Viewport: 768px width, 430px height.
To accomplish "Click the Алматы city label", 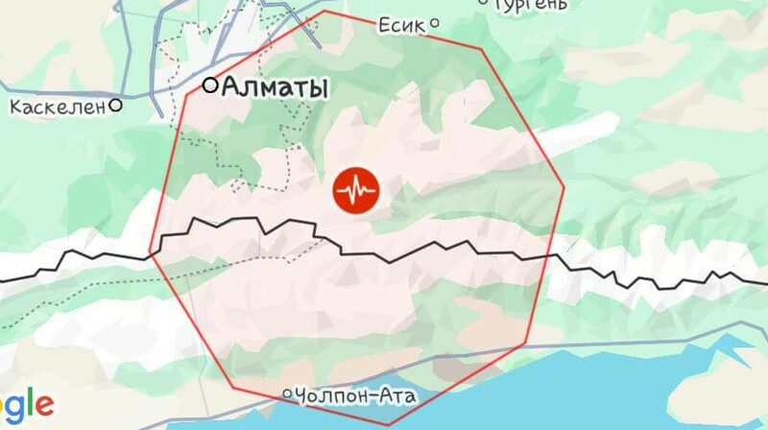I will [x=275, y=87].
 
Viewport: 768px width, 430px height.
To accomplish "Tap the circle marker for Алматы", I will [x=209, y=85].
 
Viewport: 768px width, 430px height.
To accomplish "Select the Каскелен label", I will [x=57, y=107].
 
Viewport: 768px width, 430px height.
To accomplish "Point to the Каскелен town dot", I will [x=116, y=106].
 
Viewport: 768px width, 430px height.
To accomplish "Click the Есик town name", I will [x=400, y=25].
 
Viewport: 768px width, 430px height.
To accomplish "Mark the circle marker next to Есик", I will [x=434, y=23].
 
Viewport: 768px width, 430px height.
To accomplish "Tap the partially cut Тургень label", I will [x=529, y=5].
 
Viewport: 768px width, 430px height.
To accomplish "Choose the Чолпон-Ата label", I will [x=356, y=395].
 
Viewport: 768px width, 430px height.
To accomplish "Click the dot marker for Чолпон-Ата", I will [x=287, y=394].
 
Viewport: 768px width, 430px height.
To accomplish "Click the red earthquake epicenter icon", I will [x=356, y=190].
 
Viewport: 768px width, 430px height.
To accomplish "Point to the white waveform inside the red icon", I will [x=356, y=190].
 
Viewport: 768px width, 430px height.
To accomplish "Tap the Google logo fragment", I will [x=26, y=402].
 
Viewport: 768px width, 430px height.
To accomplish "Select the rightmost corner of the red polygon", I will [x=564, y=189].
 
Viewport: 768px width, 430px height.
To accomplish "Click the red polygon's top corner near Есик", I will [x=326, y=12].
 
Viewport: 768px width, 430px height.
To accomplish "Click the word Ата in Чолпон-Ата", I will [x=396, y=395].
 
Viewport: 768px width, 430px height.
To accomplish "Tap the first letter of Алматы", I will [x=231, y=88].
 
